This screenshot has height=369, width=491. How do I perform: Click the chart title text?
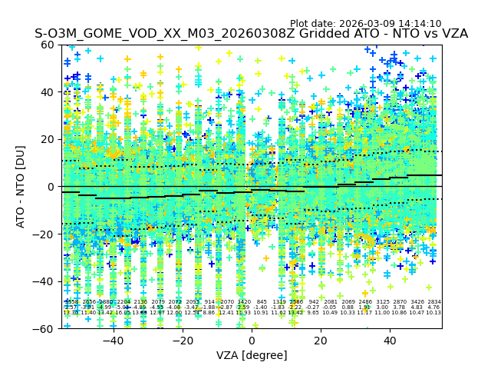(251, 34)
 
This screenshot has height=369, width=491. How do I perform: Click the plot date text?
(365, 24)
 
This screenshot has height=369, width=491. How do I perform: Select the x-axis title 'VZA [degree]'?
(252, 355)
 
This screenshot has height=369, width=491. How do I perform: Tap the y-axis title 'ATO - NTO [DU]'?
(21, 187)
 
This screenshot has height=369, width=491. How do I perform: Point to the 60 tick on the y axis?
(48, 45)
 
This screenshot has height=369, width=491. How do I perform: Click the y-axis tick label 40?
(48, 92)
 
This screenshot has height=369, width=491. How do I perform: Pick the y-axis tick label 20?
(48, 139)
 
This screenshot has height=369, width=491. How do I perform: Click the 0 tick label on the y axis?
(51, 187)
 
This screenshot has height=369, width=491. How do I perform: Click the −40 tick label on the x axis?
(113, 341)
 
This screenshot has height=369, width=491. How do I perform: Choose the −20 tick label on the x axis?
(182, 341)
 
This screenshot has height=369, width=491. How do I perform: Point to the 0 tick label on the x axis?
(252, 341)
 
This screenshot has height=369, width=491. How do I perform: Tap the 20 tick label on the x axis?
(321, 341)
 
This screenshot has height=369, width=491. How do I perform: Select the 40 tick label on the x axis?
(390, 341)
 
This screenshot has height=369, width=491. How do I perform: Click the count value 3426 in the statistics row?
(417, 302)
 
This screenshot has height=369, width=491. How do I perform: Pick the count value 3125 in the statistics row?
(382, 302)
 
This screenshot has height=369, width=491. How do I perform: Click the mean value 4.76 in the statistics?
(434, 307)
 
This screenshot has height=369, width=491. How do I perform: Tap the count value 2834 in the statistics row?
(434, 302)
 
